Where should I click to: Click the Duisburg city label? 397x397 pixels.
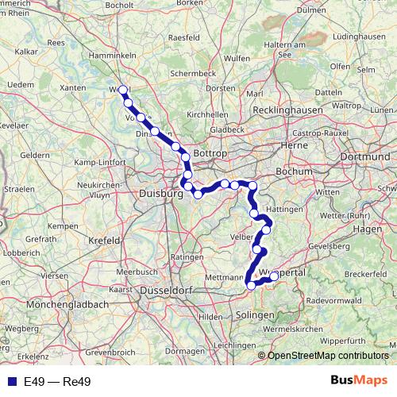160,193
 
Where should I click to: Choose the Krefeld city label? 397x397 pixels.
103,239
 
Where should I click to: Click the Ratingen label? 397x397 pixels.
187,258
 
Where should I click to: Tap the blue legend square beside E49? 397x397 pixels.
13,382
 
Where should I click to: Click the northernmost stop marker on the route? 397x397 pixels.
123,91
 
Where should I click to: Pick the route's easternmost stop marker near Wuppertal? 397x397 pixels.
274,276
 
